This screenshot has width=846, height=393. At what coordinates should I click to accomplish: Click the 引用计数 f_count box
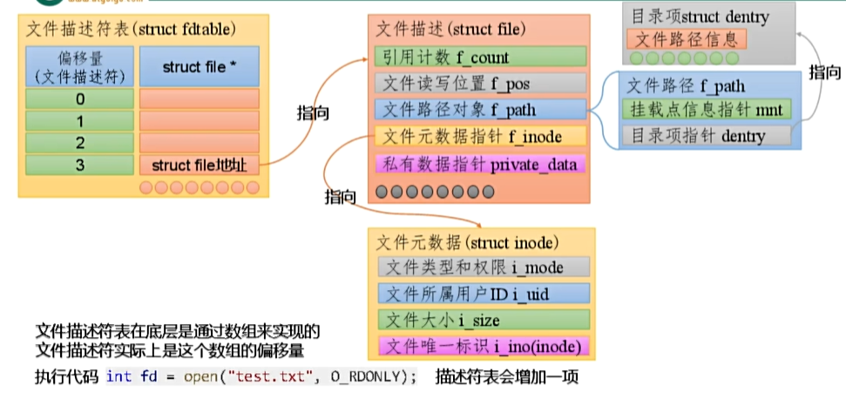tap(478, 58)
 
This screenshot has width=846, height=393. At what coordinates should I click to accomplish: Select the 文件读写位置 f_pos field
tap(478, 84)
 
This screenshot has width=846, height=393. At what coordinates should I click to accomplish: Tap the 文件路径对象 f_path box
tap(478, 110)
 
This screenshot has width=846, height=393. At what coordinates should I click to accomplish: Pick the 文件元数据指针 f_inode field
tap(478, 136)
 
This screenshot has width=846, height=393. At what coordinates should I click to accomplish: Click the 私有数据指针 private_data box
tap(478, 163)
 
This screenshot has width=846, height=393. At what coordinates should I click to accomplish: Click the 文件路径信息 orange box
tap(687, 39)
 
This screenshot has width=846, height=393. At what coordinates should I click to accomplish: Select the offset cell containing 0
tap(79, 98)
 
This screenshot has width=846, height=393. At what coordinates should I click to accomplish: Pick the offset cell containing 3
tap(79, 164)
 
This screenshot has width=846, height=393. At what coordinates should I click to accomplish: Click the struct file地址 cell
tap(200, 164)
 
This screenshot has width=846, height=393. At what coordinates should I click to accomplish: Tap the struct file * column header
tap(200, 67)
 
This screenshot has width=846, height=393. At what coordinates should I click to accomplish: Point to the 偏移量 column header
tap(79, 67)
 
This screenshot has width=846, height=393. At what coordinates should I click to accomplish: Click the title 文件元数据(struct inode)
tap(468, 241)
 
